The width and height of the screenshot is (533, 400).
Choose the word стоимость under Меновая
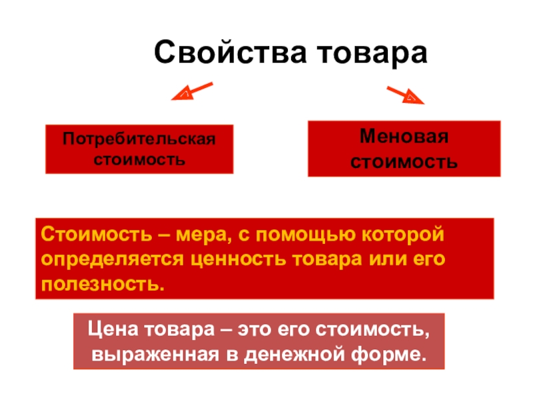[x=404, y=161]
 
